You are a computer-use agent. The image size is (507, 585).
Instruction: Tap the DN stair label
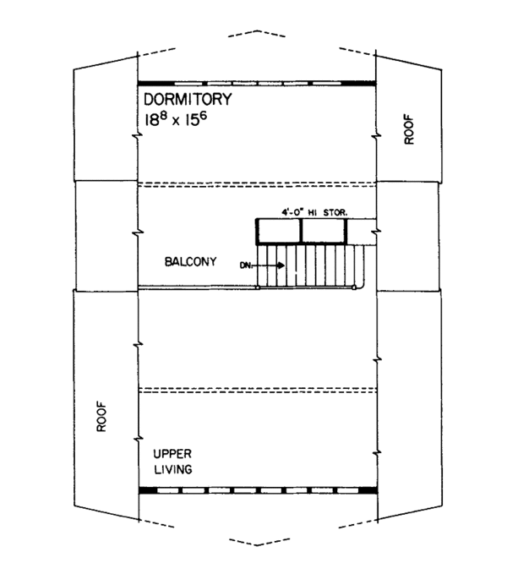[247, 265]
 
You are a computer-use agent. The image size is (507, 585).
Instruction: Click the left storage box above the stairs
[279, 231]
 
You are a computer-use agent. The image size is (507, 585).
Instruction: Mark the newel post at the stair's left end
[258, 287]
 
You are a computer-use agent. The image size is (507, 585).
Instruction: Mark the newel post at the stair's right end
[353, 287]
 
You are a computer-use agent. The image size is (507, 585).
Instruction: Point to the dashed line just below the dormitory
[257, 184]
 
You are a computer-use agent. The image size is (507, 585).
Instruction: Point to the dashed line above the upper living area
[257, 390]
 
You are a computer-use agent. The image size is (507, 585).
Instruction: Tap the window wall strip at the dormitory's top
[257, 82]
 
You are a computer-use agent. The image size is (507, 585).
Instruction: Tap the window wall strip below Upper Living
[257, 489]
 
